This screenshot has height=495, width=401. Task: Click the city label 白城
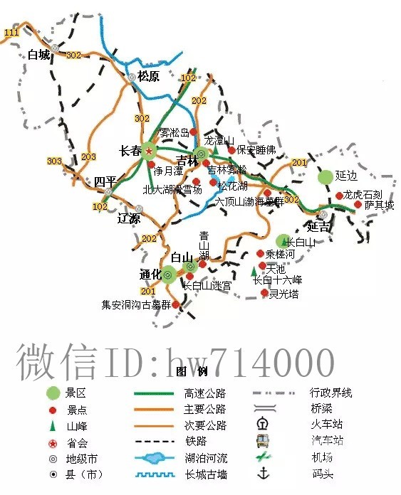tap(39, 55)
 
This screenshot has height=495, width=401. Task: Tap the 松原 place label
tap(148, 75)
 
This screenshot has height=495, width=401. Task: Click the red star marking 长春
tap(149, 150)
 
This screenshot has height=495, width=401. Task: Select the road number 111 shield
tap(11, 33)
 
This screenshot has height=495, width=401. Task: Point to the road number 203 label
tap(88, 156)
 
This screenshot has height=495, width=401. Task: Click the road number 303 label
tap(54, 161)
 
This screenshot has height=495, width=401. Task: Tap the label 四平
tap(104, 182)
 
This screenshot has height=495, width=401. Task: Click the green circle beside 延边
tap(326, 176)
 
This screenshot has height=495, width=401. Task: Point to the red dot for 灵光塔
tap(264, 292)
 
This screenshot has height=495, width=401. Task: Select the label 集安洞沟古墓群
tap(136, 305)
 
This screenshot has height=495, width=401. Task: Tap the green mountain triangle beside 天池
tap(254, 271)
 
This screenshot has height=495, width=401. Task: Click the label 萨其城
tap(378, 205)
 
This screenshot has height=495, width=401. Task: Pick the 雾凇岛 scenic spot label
tap(174, 132)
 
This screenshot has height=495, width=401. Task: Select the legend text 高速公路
tap(204, 393)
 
